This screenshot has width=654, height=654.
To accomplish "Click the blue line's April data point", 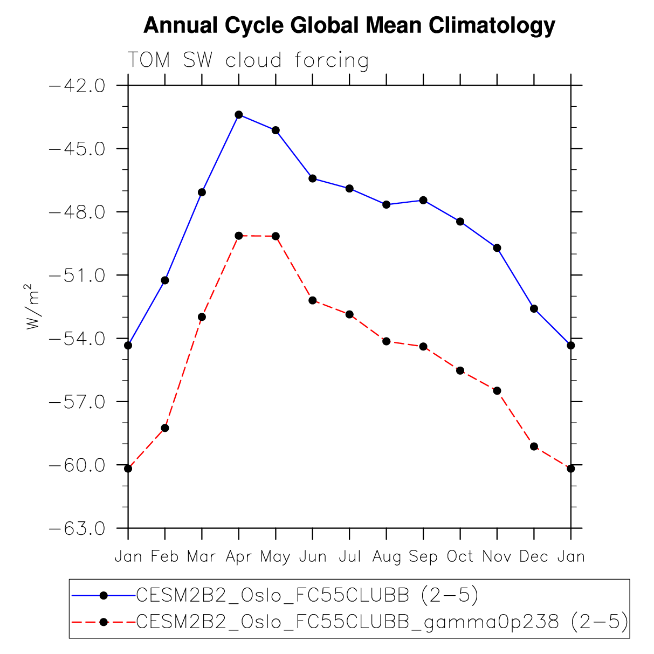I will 239,114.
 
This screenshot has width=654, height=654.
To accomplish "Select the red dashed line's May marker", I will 276,236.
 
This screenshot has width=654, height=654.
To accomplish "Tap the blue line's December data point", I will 534,308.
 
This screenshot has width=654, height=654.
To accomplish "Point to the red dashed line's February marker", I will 165,428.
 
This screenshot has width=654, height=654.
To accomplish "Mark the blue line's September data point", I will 423,200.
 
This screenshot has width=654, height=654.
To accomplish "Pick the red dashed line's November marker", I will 497,390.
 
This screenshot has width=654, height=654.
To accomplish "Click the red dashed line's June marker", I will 313,300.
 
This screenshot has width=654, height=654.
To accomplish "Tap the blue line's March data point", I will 202,192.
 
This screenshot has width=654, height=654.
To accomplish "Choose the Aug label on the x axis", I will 387,557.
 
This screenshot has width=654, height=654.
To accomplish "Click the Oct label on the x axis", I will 460,556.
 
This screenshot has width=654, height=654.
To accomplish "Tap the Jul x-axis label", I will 349,556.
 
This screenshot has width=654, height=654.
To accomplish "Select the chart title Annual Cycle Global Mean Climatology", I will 349,25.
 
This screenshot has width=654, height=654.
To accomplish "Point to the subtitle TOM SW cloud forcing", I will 248,60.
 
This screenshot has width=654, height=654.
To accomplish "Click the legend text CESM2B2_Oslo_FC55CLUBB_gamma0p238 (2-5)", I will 382,622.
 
